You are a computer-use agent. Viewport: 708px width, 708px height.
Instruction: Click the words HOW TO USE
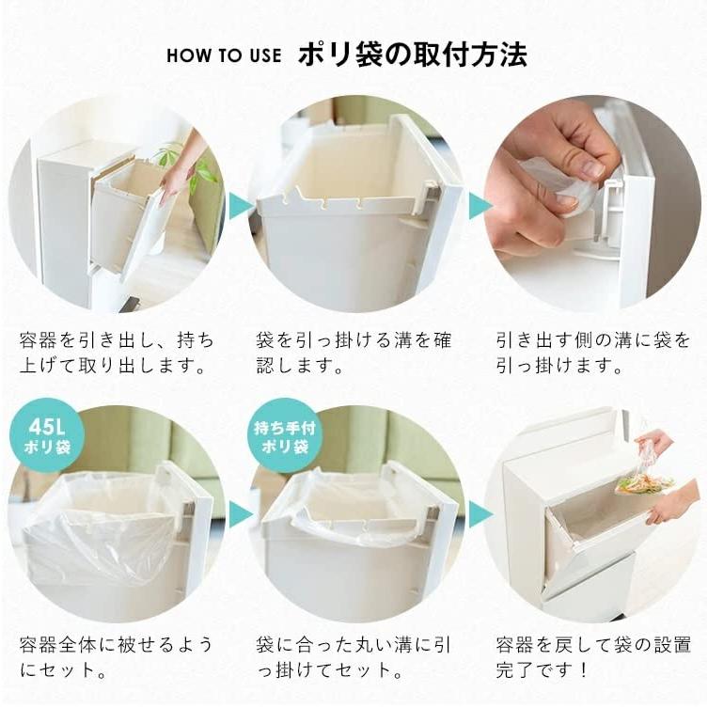[224, 55]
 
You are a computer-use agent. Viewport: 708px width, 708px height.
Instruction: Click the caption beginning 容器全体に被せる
[116, 658]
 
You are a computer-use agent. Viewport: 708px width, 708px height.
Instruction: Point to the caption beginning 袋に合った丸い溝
[353, 658]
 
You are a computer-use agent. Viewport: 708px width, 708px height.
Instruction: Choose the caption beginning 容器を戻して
[591, 658]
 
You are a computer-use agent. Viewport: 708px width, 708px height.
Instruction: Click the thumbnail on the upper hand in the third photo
[591, 169]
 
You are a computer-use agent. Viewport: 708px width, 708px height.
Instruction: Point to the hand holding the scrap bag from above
[654, 442]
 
